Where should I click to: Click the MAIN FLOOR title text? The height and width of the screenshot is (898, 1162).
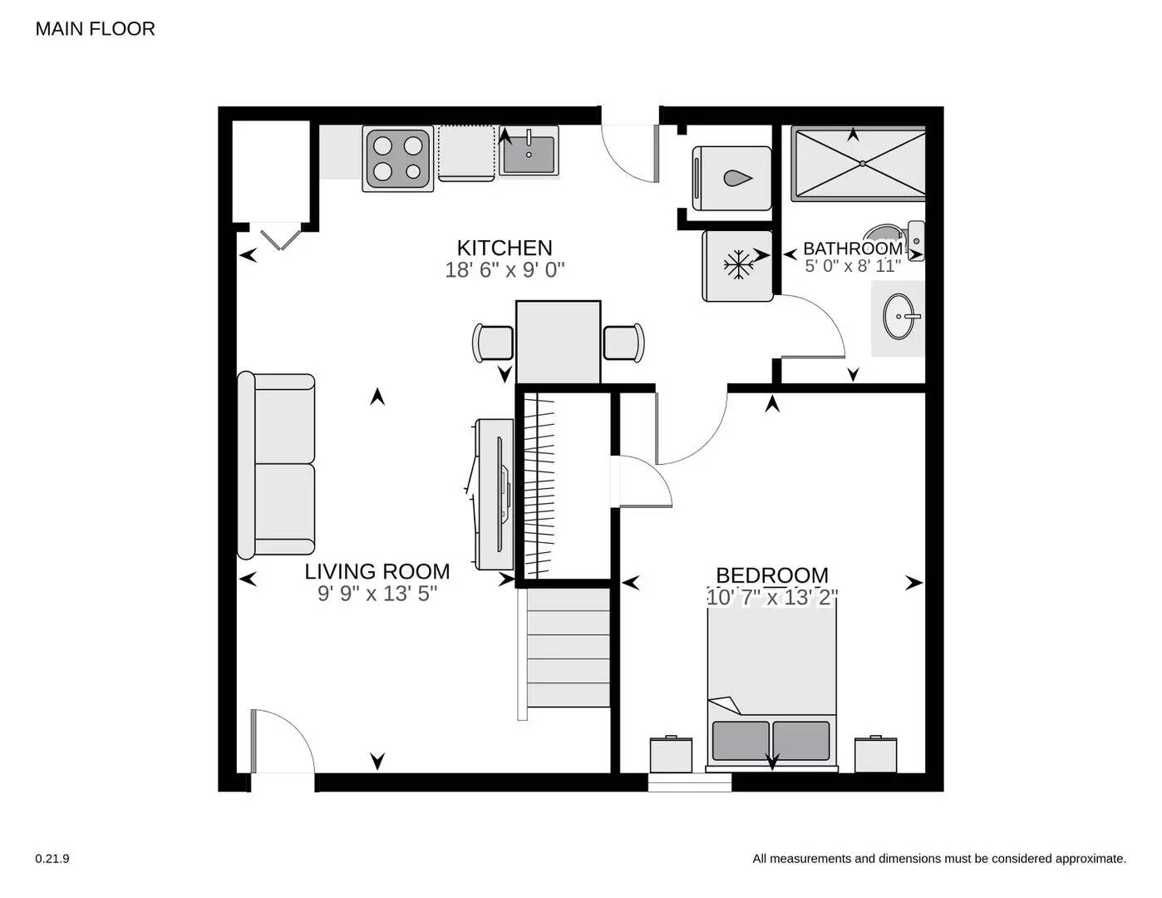[x=95, y=29]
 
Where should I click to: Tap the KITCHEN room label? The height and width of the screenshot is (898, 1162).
[x=505, y=248]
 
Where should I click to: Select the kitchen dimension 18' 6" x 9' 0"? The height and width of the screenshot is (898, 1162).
[x=505, y=270]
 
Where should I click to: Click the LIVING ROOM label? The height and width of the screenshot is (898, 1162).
[x=377, y=571]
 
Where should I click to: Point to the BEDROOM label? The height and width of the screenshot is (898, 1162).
[x=771, y=575]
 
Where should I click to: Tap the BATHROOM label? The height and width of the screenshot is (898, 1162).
[x=852, y=249]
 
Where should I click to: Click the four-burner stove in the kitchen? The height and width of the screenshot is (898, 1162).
[x=397, y=159]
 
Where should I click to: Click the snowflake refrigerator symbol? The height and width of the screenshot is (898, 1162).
[x=737, y=265]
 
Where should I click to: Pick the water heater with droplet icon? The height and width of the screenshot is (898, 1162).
[x=731, y=178]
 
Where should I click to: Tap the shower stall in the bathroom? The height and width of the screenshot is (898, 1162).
[x=858, y=163]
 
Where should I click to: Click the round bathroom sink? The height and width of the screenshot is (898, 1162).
[x=899, y=317]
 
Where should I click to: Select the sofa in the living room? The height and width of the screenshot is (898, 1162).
[x=277, y=465]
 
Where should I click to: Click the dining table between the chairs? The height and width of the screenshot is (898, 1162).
[x=558, y=342]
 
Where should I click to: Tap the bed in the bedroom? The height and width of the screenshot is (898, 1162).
[x=771, y=682]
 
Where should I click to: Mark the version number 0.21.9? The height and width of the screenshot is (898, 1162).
[x=52, y=859]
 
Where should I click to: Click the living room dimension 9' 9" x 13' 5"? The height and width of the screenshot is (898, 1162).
[x=377, y=594]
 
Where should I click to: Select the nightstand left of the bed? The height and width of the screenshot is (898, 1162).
[x=671, y=753]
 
